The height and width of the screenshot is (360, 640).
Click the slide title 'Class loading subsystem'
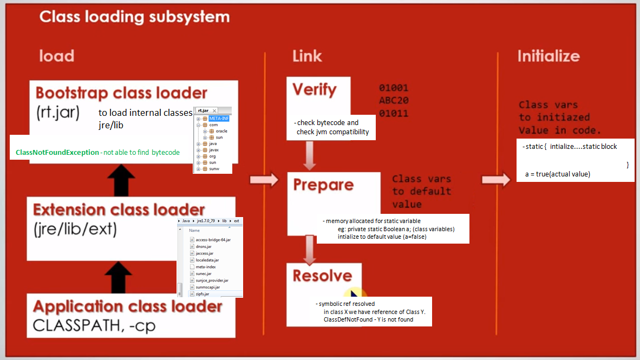pyautogui.click(x=134, y=17)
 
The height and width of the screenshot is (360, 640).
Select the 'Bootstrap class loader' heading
pyautogui.click(x=121, y=93)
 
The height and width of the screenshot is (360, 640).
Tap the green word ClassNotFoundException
pyautogui.click(x=57, y=153)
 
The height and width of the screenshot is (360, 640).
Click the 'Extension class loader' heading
pyautogui.click(x=119, y=210)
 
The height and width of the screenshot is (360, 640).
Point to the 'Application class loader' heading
pyautogui.click(x=127, y=306)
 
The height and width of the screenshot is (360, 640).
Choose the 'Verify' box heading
pyautogui.click(x=314, y=89)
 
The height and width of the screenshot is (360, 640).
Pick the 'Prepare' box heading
pyautogui.click(x=323, y=185)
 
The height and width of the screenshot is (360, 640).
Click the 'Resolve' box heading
pyautogui.click(x=322, y=276)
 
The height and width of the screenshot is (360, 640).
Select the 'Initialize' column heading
pyautogui.click(x=548, y=56)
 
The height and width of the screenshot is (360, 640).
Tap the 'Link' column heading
pyautogui.click(x=307, y=56)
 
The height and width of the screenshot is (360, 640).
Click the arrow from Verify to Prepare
pyautogui.click(x=310, y=155)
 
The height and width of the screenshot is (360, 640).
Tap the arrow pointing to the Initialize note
pyautogui.click(x=495, y=180)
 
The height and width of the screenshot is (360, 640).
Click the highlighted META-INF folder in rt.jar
pyautogui.click(x=218, y=119)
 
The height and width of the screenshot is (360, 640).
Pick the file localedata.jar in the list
pyautogui.click(x=207, y=260)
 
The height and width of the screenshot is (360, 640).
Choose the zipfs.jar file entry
pyautogui.click(x=203, y=293)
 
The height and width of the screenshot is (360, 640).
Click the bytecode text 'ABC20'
pyautogui.click(x=394, y=101)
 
